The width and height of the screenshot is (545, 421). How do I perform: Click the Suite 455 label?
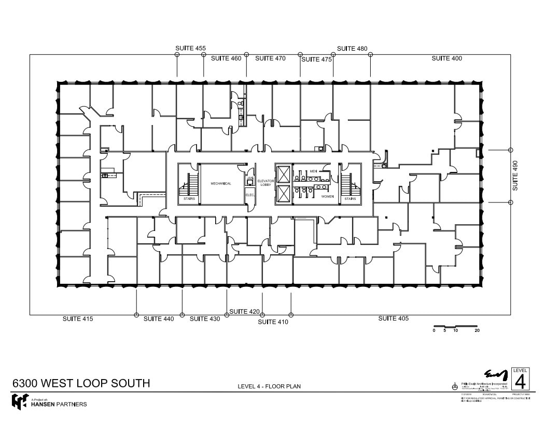point(190,48)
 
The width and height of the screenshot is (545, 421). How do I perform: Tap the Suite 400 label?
point(446,59)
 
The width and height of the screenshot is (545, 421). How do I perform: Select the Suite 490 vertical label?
point(515,176)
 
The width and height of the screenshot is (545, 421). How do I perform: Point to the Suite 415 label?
point(78,318)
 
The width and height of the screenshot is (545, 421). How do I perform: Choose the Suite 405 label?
point(393,318)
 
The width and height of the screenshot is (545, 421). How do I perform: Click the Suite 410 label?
point(273,322)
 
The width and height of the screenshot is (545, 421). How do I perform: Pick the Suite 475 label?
point(316,60)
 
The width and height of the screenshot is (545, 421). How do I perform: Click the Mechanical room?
point(221,184)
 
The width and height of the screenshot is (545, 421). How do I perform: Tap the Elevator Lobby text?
point(265,183)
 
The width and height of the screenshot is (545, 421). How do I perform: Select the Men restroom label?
point(314,171)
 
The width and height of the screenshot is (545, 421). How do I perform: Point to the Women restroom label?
point(327,196)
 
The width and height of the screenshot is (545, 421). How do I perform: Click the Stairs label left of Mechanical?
point(189,198)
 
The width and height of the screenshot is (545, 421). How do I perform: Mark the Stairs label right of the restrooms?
point(351,198)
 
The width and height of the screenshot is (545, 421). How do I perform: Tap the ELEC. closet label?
point(250,195)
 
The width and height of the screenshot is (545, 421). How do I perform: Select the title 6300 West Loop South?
point(81,383)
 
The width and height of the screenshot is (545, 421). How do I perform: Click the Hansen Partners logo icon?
point(20,401)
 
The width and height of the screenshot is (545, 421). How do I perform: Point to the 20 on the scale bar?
point(477,330)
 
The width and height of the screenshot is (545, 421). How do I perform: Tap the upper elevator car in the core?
point(284,173)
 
